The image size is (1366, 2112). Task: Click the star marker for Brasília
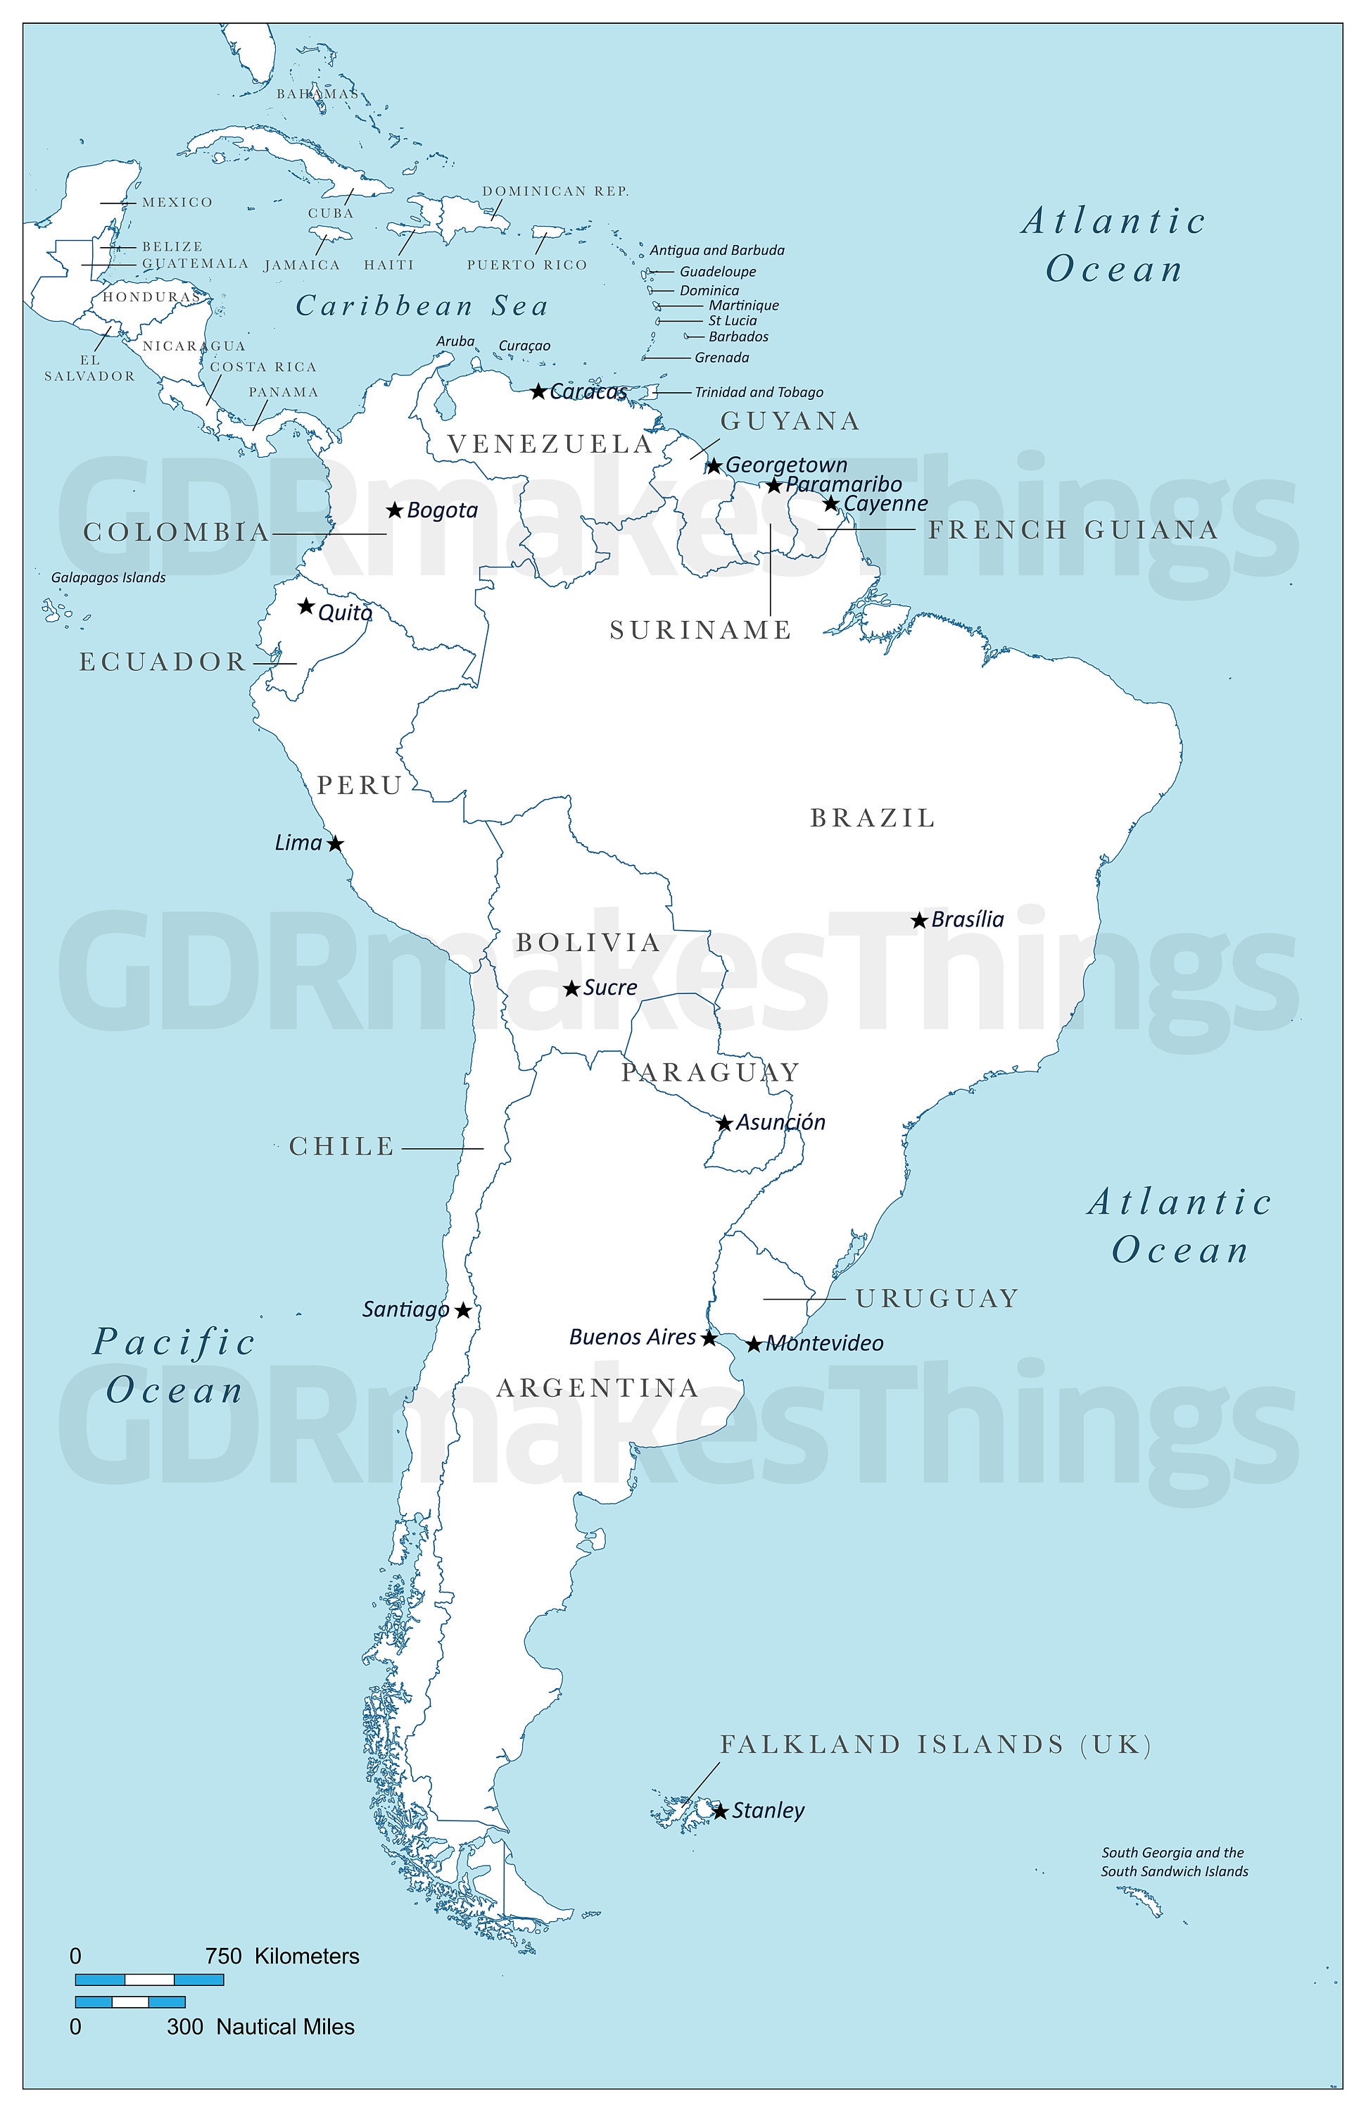(919, 920)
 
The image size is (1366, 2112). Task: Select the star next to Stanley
(720, 1811)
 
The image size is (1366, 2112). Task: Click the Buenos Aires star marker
(709, 1338)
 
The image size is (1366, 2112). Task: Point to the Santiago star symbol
(462, 1310)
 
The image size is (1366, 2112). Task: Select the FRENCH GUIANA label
(1073, 530)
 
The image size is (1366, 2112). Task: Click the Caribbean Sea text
(422, 306)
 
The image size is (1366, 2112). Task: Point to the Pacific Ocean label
(174, 1366)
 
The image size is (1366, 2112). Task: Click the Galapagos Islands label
(108, 578)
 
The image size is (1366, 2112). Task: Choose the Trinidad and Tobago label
(759, 392)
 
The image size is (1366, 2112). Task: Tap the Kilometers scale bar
(149, 1980)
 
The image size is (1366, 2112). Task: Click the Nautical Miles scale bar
(130, 2002)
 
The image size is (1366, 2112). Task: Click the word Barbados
(738, 337)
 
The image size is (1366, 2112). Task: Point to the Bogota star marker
(395, 510)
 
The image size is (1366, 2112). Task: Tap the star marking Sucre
(572, 988)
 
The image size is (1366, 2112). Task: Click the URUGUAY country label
(937, 1299)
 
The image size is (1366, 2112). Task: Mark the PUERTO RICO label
(527, 265)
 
